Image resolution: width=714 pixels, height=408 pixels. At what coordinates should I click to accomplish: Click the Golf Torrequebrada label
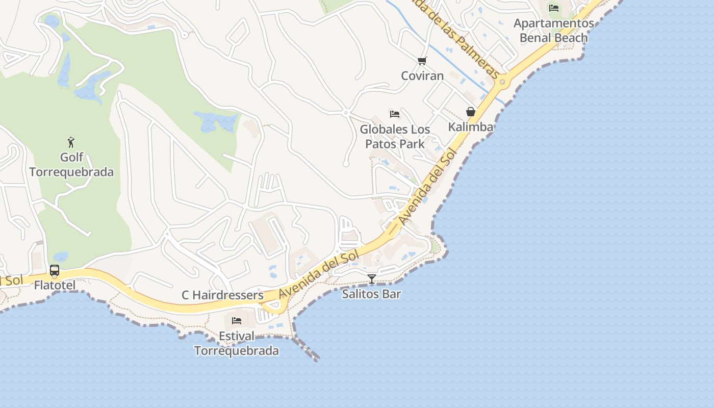71,164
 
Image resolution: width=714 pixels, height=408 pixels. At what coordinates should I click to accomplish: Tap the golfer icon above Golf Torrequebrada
71,142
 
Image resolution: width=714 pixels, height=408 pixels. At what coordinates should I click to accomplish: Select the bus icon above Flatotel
55,270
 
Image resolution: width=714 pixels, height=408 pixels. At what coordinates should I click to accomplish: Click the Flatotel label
55,285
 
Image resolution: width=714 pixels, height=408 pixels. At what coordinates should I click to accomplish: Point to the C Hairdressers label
222,295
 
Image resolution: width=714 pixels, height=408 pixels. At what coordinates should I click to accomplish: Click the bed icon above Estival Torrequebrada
237,321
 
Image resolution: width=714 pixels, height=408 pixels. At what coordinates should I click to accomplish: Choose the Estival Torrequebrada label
237,344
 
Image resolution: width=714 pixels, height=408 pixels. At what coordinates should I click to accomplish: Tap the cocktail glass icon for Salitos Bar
372,278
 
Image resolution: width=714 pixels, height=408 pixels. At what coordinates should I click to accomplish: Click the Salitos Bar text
371,294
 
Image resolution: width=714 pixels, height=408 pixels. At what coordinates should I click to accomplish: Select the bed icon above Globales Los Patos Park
395,114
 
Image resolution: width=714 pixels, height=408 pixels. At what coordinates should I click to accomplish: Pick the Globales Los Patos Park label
395,137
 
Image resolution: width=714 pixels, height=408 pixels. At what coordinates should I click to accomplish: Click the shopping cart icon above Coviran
422,61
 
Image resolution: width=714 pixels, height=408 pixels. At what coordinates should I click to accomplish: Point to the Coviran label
422,76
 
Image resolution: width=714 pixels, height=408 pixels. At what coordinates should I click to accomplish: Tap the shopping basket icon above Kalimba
471,112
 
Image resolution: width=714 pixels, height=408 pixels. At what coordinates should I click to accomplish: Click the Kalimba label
471,127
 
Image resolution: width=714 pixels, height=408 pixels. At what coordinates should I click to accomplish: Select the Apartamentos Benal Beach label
554,31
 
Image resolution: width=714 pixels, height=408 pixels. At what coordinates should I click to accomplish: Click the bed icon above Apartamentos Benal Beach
554,8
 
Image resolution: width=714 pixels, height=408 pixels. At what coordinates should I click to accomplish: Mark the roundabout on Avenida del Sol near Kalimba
502,82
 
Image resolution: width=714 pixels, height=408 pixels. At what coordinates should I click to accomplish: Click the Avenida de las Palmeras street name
459,38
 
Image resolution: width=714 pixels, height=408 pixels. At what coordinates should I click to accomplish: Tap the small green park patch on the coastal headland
435,248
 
